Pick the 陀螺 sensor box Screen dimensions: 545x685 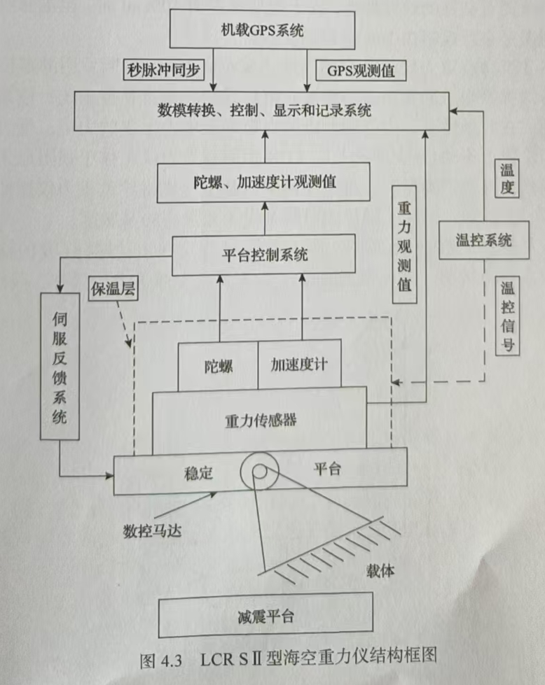(x=218, y=365)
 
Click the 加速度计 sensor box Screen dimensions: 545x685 (x=299, y=365)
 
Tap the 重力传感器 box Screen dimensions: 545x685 (x=261, y=421)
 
